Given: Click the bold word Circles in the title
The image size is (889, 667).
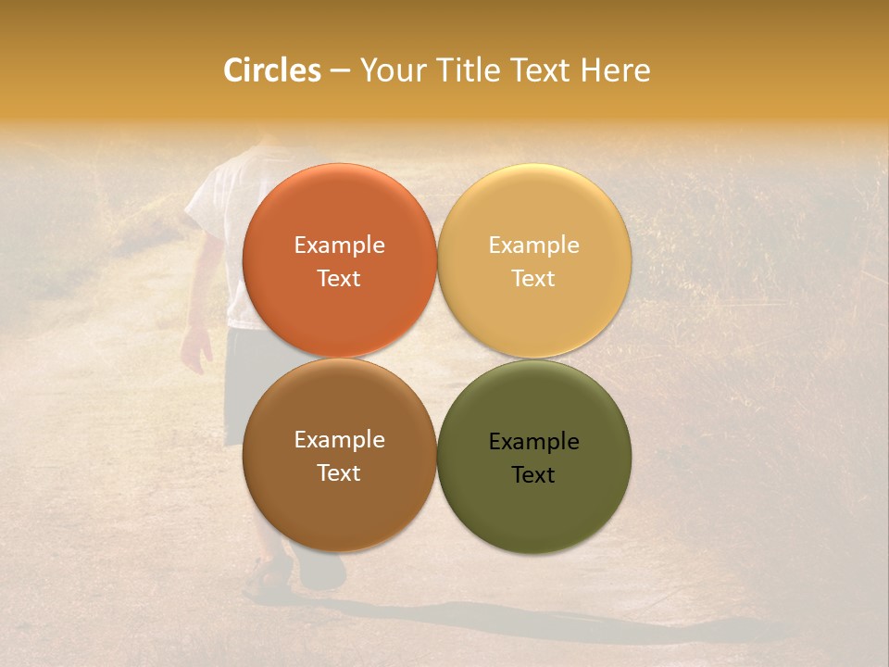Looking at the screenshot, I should click(x=272, y=70).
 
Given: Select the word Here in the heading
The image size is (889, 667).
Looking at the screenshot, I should click(x=615, y=70).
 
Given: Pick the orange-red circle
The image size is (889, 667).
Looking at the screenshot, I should click(x=339, y=213).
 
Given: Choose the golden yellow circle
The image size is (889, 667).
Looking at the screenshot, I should click(x=533, y=213).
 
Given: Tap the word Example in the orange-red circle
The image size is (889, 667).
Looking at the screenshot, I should click(x=339, y=245).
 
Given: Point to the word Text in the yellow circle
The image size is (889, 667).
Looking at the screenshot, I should click(x=533, y=279).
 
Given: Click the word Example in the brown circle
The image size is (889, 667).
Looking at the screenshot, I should click(x=339, y=440).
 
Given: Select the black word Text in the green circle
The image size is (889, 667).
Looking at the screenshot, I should click(x=533, y=475).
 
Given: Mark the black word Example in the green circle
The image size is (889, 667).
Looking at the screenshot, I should click(x=533, y=442).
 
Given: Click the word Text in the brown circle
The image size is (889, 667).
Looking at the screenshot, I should click(x=339, y=473).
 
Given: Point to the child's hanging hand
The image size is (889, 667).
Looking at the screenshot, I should click(x=196, y=348).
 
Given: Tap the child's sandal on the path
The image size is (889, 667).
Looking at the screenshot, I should click(x=266, y=579).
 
